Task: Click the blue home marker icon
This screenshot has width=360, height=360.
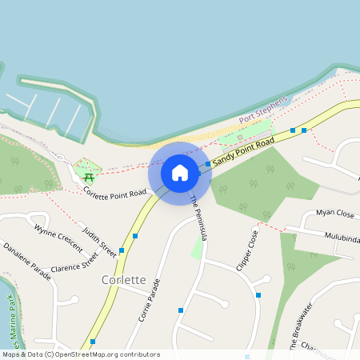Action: tap(180, 173)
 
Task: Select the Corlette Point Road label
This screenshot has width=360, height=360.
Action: tap(115, 193)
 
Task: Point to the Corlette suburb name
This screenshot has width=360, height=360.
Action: tap(124, 280)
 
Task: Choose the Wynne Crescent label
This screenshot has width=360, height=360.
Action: tap(58, 238)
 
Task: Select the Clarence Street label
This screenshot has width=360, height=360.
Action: tap(74, 261)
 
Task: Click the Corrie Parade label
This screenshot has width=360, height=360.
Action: tap(150, 299)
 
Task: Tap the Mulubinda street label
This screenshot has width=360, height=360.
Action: tap(342, 237)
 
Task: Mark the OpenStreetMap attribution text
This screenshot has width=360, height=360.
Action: tap(80, 354)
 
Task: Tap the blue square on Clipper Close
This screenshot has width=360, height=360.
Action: tap(258, 295)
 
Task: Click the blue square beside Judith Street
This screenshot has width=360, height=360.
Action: tap(122, 250)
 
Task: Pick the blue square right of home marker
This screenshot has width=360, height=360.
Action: tap(208, 164)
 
